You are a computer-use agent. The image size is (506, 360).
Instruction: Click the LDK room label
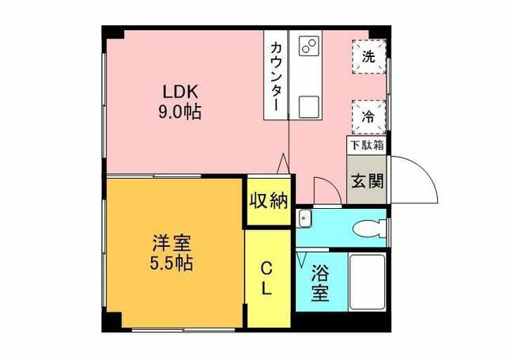(183, 89)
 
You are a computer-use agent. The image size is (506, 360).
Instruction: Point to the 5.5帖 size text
(172, 262)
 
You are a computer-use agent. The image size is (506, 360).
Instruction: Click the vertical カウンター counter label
(276, 76)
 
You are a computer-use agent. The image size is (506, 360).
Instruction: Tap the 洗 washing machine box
(368, 57)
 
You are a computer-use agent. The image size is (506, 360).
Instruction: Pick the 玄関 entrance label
(368, 180)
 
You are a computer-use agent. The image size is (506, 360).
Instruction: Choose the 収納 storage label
(267, 201)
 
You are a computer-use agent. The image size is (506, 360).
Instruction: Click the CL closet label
(267, 279)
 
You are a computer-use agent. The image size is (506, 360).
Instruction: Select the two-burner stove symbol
(308, 44)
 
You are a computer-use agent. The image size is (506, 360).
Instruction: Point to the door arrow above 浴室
(301, 259)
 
